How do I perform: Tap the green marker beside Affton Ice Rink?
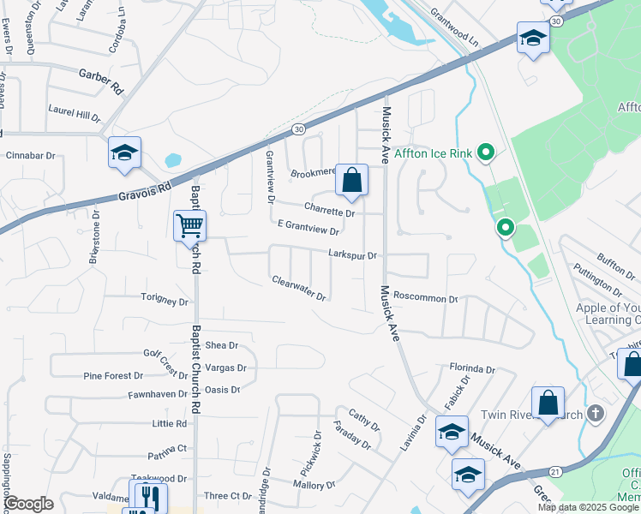pos(487,153)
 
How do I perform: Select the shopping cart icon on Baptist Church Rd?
pos(189,226)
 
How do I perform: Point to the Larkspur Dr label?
pos(352,255)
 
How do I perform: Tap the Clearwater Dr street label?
pos(298,288)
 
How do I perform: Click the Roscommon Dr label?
pos(426,300)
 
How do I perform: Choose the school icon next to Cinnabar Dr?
pos(124,154)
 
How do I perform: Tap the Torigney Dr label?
pos(164,302)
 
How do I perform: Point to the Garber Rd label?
pos(101,80)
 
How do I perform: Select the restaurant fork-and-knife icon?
pos(148,496)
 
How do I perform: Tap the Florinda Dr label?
pos(472,369)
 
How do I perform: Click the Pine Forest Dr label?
pos(112,376)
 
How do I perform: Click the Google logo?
pos(28,504)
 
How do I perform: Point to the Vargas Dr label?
pos(226,368)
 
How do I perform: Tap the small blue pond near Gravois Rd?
pos(173,159)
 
